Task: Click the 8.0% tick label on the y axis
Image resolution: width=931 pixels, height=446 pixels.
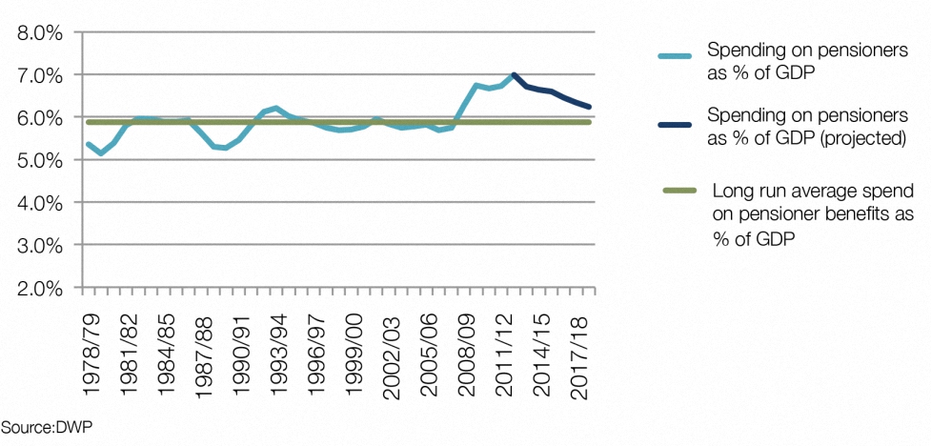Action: pos(40,32)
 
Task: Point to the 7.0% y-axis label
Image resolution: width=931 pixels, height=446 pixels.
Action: pos(40,75)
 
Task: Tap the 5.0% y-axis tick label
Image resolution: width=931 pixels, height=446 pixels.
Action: pos(40,160)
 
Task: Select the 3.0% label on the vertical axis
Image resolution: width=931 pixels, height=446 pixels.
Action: pos(40,245)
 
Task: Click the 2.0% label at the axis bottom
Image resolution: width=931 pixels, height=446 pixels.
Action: pos(40,289)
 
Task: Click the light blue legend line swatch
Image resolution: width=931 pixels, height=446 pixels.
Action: pos(675,57)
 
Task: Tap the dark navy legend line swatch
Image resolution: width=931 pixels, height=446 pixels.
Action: pos(675,125)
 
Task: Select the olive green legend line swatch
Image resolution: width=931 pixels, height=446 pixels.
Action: pos(679,191)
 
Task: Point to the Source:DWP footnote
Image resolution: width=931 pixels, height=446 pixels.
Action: pos(47,427)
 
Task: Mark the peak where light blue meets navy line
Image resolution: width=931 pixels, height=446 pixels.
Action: pos(513,75)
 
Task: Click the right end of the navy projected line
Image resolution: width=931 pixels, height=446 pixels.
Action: pos(589,107)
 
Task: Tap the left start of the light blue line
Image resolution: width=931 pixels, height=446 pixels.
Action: pos(88,144)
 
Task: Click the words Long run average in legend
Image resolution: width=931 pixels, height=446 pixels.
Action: pos(783,192)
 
